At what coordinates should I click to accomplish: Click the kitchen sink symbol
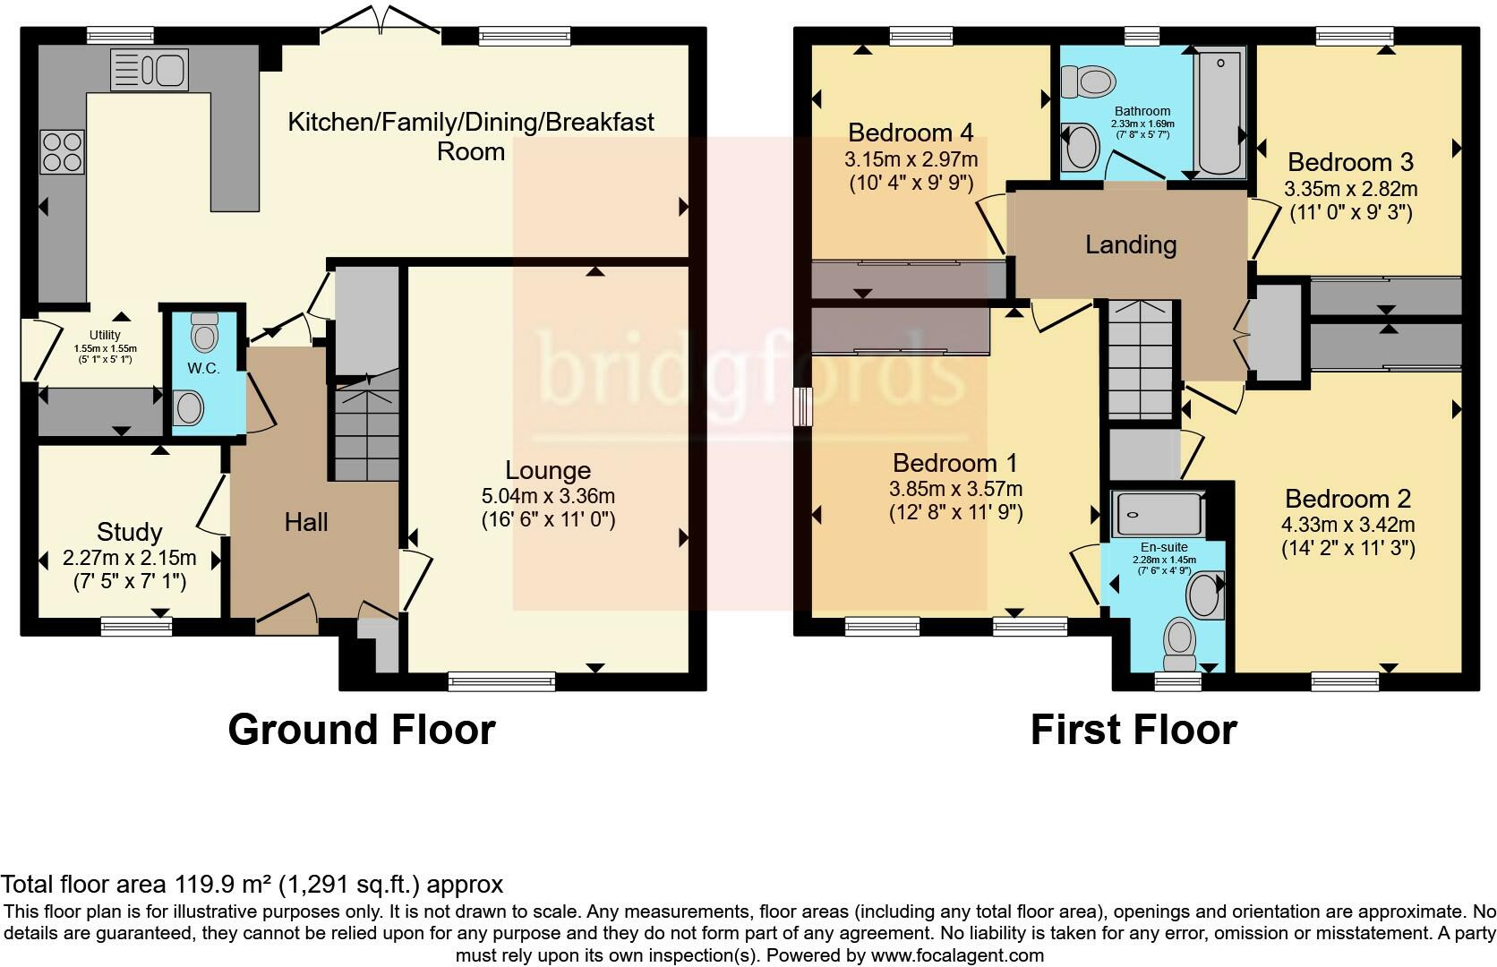[149, 70]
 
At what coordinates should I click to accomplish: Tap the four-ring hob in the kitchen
[62, 151]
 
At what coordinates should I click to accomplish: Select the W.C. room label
[203, 369]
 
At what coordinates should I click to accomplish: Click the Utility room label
[105, 336]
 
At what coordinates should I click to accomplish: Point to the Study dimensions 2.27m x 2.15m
[129, 558]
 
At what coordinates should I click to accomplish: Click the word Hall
[306, 522]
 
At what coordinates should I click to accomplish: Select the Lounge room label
[548, 470]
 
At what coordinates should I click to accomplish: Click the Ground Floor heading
[361, 730]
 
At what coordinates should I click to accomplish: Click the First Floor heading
[1133, 730]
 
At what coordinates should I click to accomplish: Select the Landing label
[1131, 244]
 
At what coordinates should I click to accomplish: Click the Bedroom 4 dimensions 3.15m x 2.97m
[911, 159]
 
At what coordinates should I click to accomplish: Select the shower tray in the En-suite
[1158, 514]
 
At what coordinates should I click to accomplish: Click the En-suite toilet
[1180, 646]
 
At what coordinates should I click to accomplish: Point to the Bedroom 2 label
[1347, 499]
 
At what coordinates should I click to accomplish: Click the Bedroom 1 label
[955, 463]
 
